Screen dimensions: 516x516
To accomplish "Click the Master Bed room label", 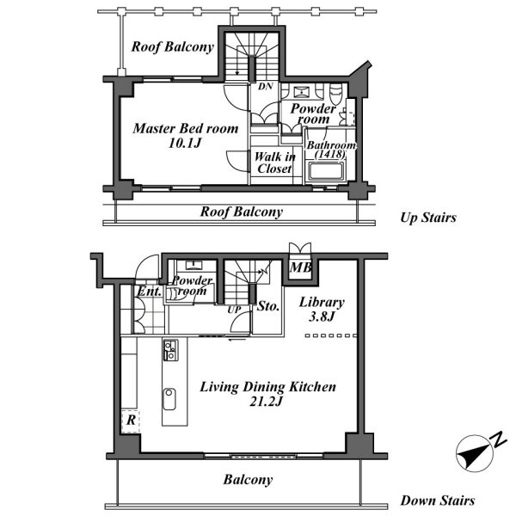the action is (x=186, y=128).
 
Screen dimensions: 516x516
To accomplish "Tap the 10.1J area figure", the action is (x=185, y=143).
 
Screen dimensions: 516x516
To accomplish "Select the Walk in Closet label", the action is (x=275, y=163).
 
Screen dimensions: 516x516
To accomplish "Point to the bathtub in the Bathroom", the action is (x=325, y=171).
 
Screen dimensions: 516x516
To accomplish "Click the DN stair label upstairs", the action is (x=265, y=86).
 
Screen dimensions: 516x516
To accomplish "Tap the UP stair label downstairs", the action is (x=234, y=310).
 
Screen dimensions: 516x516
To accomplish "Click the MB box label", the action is (x=300, y=267).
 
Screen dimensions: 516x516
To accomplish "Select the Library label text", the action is (x=322, y=303).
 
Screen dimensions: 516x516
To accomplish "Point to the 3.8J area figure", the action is (x=322, y=316).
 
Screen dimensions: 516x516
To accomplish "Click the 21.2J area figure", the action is (x=266, y=402).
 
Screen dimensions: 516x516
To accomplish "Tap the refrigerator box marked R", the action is (x=131, y=421).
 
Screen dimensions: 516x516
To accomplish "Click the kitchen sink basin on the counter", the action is (x=169, y=399).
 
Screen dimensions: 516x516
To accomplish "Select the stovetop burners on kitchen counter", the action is (x=171, y=350).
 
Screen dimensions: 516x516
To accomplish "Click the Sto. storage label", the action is (x=268, y=306).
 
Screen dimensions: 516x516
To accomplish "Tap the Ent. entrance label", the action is (x=150, y=292).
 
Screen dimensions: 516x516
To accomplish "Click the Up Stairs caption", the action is (x=428, y=218).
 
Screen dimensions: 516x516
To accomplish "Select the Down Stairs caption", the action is (x=438, y=501).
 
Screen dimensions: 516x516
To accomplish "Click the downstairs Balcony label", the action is (x=249, y=480).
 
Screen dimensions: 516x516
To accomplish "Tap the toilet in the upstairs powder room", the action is (x=335, y=93).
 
